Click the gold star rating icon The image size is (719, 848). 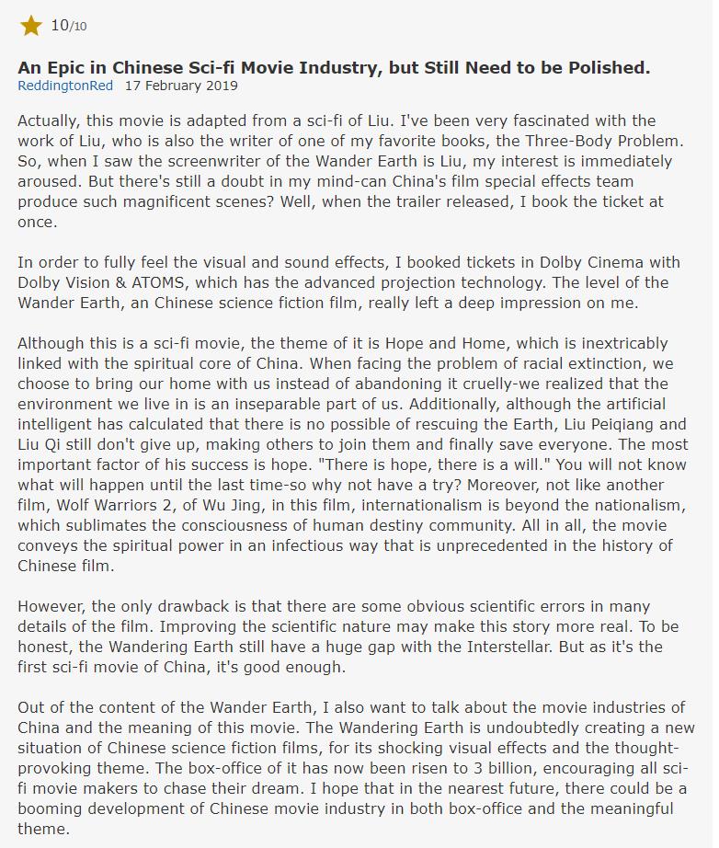click(31, 26)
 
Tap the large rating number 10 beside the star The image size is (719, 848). click(60, 25)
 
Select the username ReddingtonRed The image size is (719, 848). click(65, 86)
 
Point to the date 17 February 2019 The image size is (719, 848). click(181, 86)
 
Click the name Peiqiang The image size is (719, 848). click(611, 424)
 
